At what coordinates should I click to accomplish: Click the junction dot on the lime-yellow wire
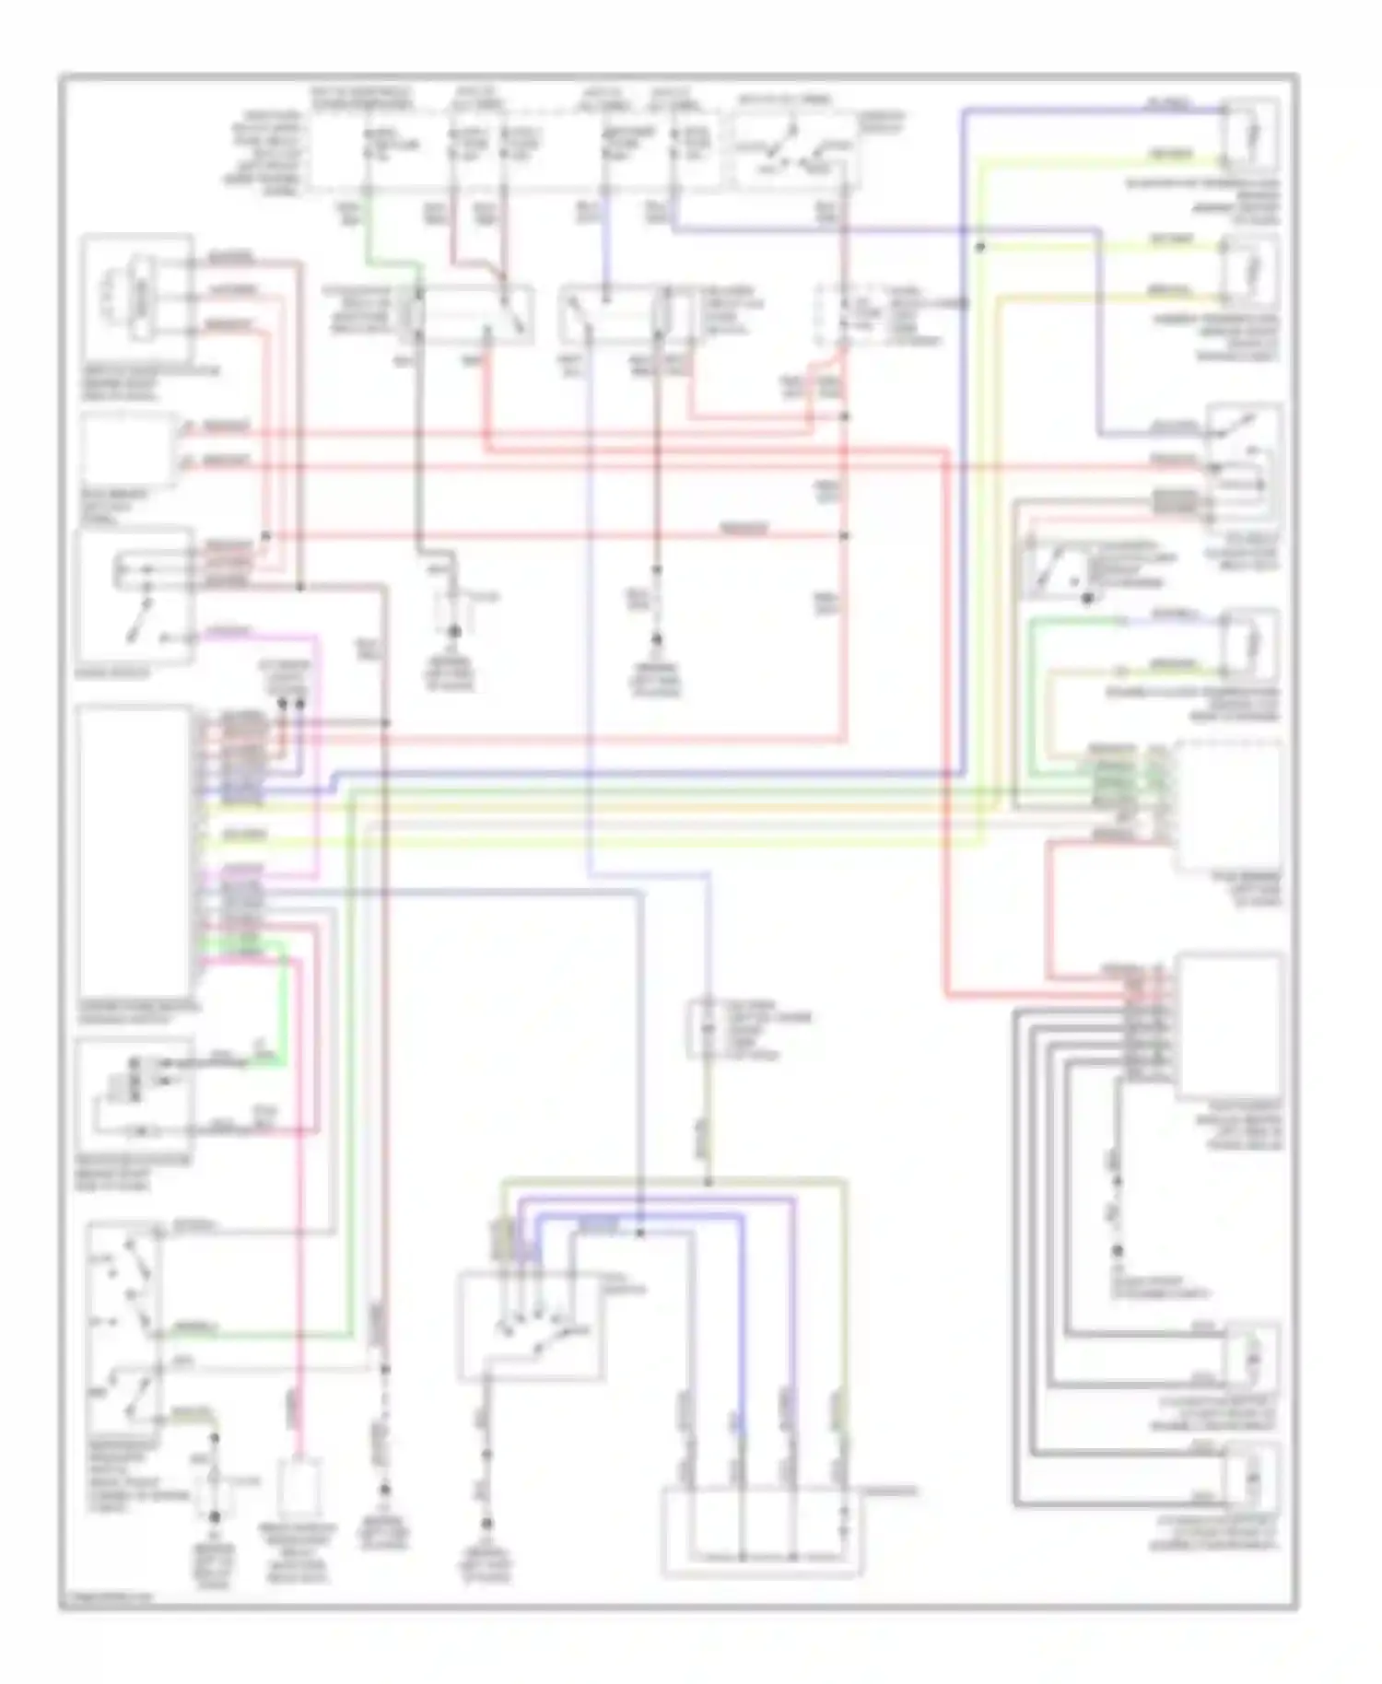pyautogui.click(x=980, y=247)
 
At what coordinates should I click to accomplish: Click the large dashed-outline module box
pyautogui.click(x=1228, y=806)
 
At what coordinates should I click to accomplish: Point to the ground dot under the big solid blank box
pyautogui.click(x=1118, y=1251)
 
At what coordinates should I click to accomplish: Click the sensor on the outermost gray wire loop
pyautogui.click(x=1251, y=1480)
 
